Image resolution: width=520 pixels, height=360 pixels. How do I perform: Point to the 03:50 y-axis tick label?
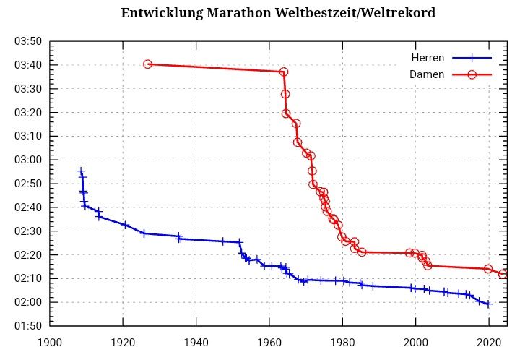point(28,41)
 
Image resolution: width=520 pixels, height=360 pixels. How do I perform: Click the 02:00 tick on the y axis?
point(28,302)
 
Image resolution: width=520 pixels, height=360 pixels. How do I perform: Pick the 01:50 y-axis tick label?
point(28,326)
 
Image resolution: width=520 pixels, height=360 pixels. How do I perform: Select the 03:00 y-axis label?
point(28,160)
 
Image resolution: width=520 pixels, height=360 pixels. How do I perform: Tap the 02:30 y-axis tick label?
point(28,231)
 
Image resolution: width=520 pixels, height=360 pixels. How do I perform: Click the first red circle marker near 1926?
point(147,64)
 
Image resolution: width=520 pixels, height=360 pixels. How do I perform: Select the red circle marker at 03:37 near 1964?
point(284,72)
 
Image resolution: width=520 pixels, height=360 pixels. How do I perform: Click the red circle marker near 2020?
point(488,269)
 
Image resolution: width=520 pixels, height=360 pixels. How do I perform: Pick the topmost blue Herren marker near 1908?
point(81,171)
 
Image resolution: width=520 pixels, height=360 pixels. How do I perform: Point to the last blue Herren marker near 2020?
point(488,304)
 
